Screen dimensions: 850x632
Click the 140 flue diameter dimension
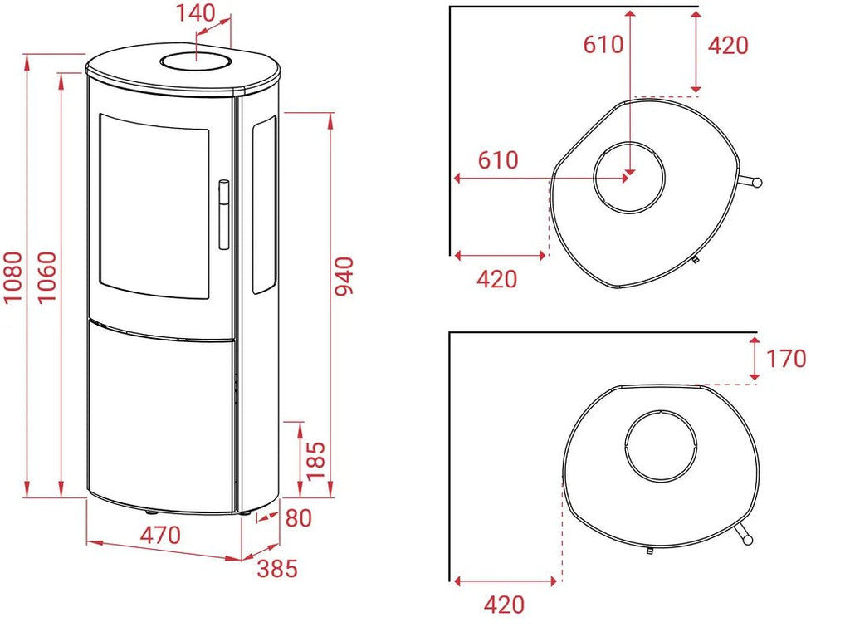[x=195, y=13]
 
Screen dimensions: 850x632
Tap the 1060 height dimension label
[x=46, y=277]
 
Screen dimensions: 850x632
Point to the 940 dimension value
[x=344, y=277]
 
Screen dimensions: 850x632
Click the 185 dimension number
[x=315, y=461]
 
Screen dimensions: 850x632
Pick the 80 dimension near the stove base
[x=298, y=518]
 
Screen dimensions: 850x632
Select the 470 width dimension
[x=160, y=536]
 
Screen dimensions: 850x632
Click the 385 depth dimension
[x=277, y=569]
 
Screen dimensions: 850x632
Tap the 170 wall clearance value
[x=786, y=359]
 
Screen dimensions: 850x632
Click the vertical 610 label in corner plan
[x=603, y=45]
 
